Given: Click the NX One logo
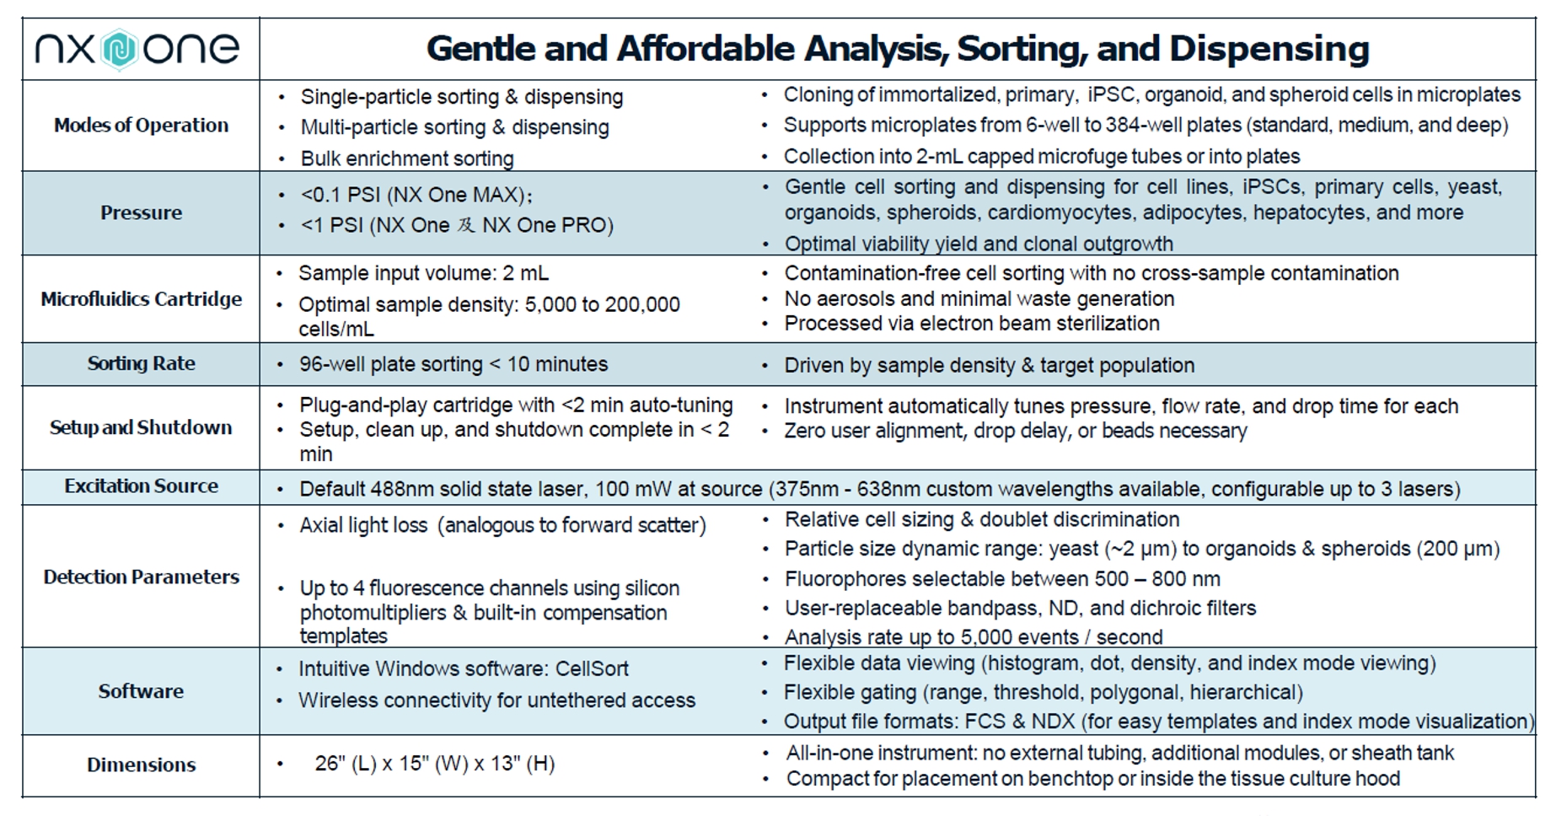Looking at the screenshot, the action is point(137,49).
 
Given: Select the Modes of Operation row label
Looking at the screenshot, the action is point(142,126).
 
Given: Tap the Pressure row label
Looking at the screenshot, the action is point(142,212).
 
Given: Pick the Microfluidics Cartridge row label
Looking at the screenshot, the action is point(142,299).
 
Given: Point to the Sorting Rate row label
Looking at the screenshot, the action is point(142,363).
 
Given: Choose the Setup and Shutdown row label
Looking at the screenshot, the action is point(141,427).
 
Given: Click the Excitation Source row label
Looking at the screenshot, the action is point(142,486).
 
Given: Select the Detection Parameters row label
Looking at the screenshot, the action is point(142,577).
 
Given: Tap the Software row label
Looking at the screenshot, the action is point(141,691).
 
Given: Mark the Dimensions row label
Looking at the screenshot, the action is point(142,765).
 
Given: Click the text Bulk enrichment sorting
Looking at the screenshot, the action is point(407,158).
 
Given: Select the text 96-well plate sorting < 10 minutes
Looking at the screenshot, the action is point(453,364).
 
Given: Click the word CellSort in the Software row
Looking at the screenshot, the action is point(592,669).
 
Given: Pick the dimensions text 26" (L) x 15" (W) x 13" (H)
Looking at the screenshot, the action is point(435,764).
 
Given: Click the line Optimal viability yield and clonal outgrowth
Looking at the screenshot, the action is point(979,244).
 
